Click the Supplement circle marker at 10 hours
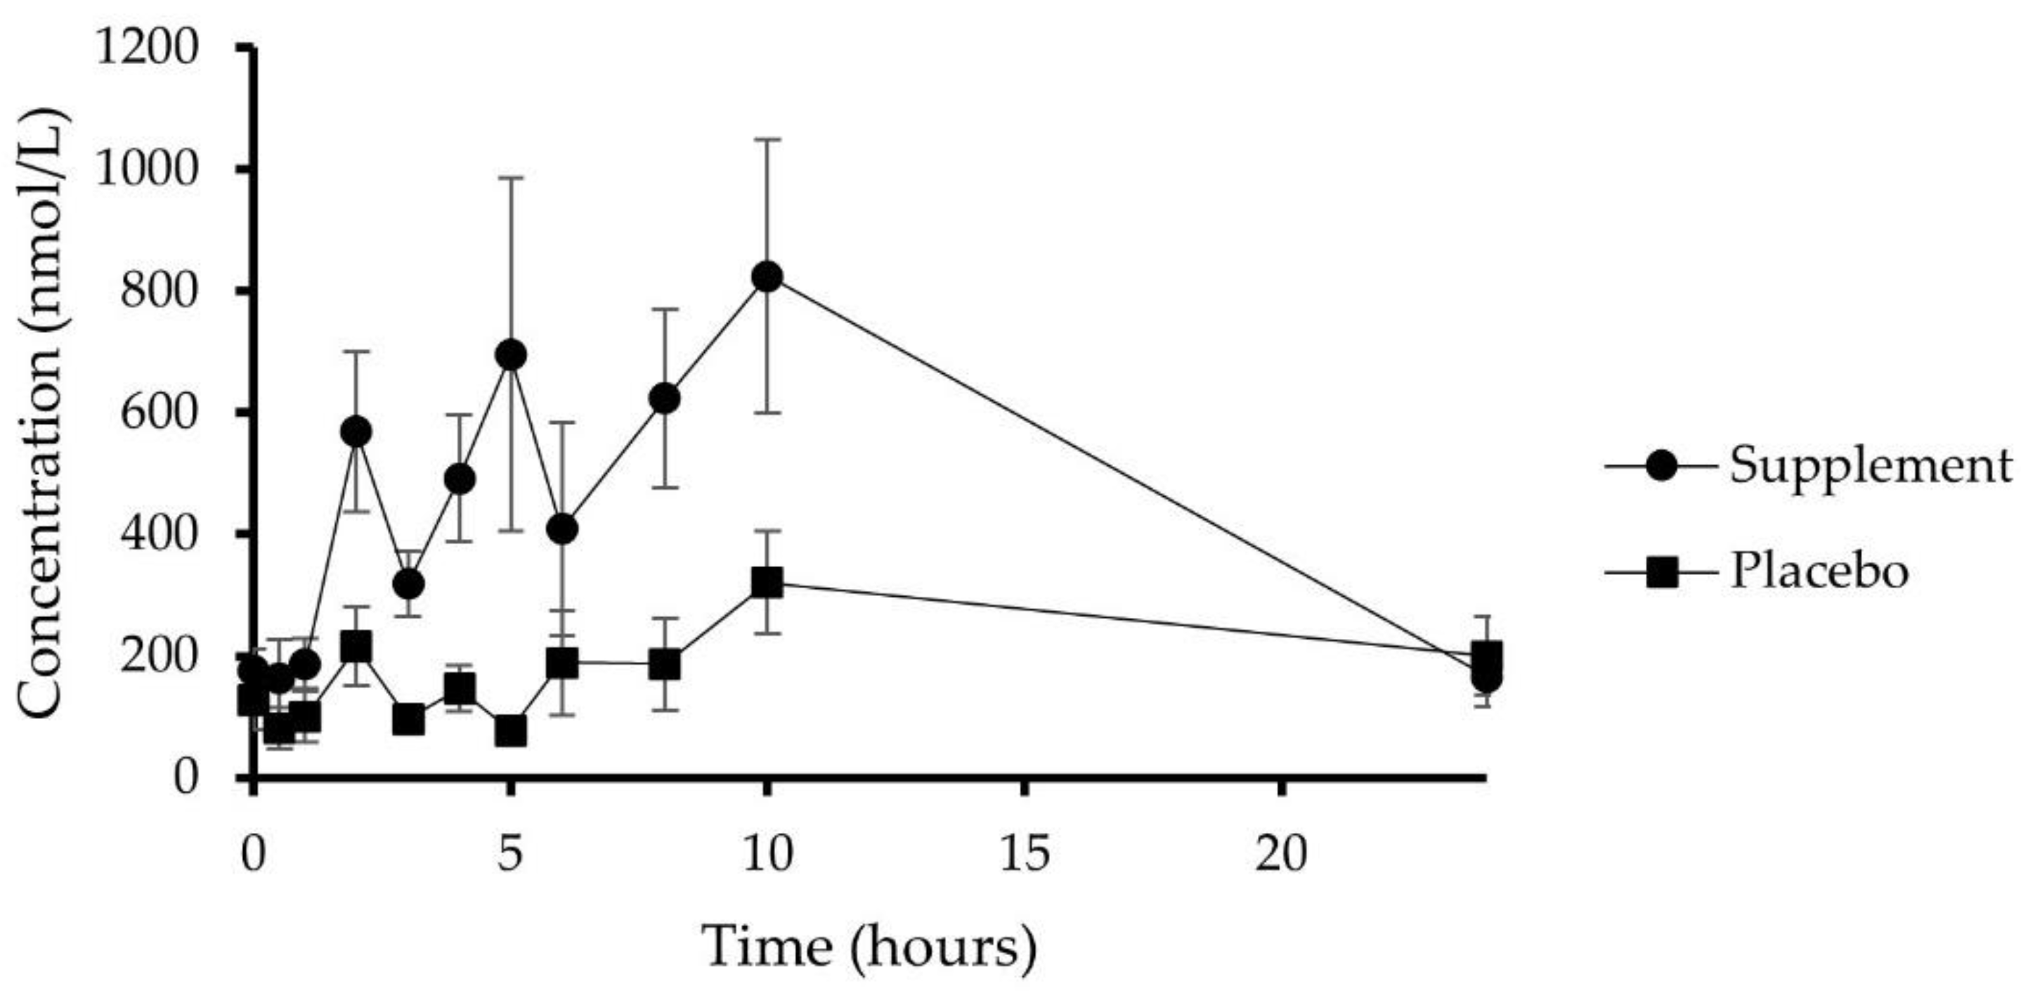[x=767, y=277]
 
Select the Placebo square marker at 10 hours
[x=767, y=583]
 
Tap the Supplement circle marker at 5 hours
[x=511, y=356]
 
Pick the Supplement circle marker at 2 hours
[x=356, y=432]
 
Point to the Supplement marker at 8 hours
[x=665, y=399]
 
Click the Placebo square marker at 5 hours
[x=511, y=731]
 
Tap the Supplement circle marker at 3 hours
[x=409, y=584]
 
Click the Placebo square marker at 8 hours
[x=665, y=665]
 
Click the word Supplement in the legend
[x=1871, y=465]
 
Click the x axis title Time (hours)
[x=870, y=947]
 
